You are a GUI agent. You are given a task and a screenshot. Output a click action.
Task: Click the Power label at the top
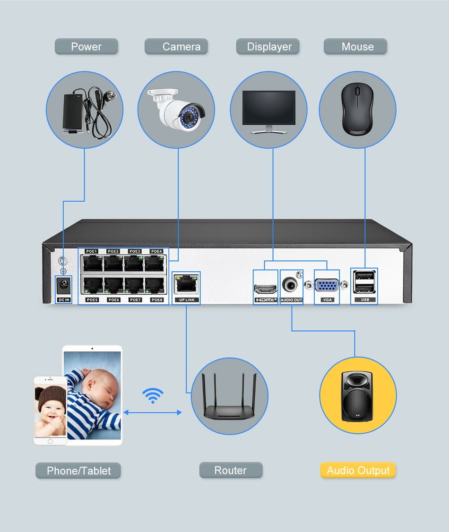(86, 47)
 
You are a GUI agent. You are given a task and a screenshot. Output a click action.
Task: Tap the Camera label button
(176, 47)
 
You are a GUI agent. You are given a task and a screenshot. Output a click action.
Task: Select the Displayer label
(268, 47)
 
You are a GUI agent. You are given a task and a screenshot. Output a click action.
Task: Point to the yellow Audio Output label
(358, 470)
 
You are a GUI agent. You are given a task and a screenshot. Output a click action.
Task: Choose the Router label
(231, 470)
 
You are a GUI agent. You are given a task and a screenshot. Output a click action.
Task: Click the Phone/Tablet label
(78, 471)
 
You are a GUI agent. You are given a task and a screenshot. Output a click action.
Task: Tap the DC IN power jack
(64, 285)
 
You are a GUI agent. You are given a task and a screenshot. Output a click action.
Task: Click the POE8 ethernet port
(156, 285)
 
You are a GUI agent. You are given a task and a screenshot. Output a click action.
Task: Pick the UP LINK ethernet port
(186, 284)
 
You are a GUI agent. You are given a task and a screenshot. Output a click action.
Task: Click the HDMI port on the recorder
(265, 288)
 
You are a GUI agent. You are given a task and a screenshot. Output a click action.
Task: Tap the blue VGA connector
(327, 286)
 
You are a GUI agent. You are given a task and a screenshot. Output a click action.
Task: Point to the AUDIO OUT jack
(290, 285)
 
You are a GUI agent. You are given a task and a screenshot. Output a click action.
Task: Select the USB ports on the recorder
(364, 283)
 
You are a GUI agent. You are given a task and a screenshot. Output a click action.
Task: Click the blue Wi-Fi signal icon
(153, 396)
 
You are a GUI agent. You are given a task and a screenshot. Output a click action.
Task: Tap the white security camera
(177, 110)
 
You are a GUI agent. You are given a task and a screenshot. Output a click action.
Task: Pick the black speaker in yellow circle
(357, 396)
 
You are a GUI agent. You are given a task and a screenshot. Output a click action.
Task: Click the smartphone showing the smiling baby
(50, 410)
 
